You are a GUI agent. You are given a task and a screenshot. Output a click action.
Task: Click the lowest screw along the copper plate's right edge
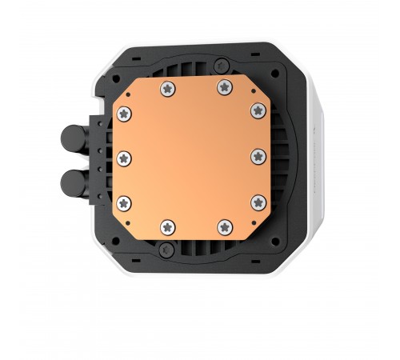[x=258, y=200]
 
